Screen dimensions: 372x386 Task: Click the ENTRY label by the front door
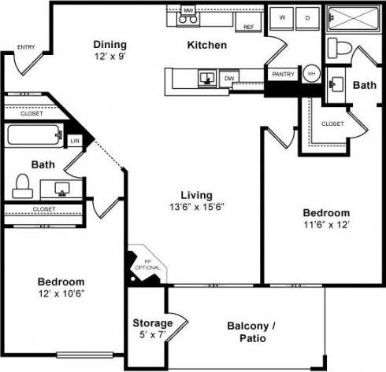point(25,46)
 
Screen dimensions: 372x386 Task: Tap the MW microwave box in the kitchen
point(188,11)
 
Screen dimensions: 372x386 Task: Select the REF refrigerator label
point(249,28)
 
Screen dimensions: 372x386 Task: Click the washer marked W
point(282,17)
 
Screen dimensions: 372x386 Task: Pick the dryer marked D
point(306,17)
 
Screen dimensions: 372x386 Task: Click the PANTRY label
point(283,75)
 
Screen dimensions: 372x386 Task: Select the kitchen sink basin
point(206,76)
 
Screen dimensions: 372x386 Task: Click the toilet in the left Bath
point(22,186)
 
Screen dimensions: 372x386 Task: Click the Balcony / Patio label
point(246,332)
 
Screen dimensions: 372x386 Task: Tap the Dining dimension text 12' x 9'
point(110,57)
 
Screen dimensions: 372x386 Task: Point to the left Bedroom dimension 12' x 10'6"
point(61,293)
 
